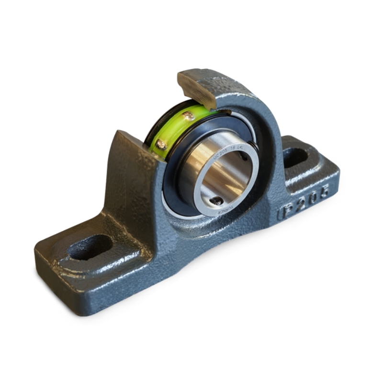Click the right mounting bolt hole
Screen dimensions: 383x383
click(295, 157)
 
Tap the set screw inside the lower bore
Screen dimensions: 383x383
click(218, 201)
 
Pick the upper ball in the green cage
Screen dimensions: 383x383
click(189, 115)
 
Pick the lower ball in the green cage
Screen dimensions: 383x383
click(161, 144)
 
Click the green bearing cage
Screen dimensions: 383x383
click(172, 129)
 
